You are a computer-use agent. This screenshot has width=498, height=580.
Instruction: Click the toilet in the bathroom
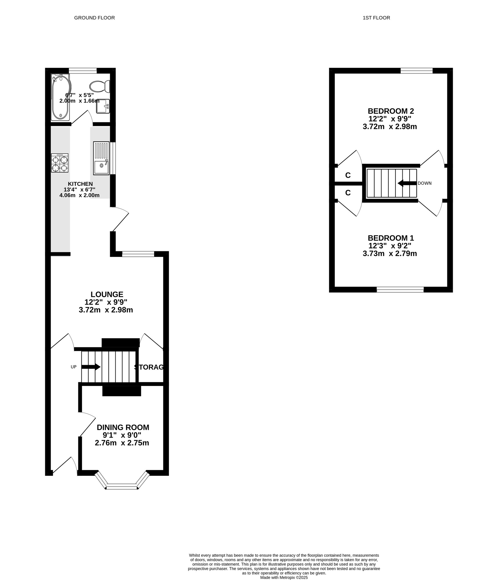coord(100,86)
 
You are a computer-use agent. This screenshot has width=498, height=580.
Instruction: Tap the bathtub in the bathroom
coord(61,97)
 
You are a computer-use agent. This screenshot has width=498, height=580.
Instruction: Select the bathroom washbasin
coord(103,106)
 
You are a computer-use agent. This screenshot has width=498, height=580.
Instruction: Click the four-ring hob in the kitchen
coord(60,163)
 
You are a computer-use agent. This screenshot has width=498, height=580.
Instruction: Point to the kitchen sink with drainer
coord(101,158)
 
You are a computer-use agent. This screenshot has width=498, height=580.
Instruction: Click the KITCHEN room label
coord(80,184)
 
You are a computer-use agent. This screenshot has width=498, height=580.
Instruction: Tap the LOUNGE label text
coord(107,294)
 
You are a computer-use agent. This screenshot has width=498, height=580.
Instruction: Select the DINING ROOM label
coord(123,427)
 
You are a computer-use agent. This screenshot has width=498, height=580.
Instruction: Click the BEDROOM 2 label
coord(391,111)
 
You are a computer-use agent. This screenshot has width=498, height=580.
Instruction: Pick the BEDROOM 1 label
coord(391,238)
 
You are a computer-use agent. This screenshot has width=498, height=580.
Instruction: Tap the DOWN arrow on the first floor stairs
coord(407,183)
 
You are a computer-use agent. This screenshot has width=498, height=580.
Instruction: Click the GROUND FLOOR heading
coord(94,18)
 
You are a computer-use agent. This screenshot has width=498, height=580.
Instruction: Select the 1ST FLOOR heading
coord(376,18)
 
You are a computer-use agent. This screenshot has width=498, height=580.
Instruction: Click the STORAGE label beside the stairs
coord(149,367)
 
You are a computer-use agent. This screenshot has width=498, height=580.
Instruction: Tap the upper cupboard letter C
coord(348,175)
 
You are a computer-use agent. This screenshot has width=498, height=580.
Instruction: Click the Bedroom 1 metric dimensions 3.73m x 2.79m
coord(390,254)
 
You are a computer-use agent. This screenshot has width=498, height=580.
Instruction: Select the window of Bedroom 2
coord(417,70)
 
